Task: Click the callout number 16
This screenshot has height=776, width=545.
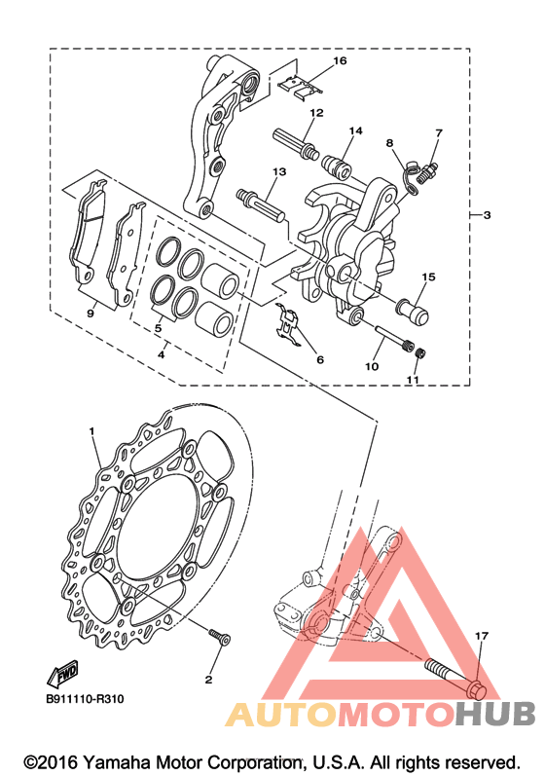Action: pyautogui.click(x=340, y=61)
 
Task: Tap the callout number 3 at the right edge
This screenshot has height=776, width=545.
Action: pyautogui.click(x=487, y=215)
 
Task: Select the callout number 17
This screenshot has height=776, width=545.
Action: pyautogui.click(x=481, y=636)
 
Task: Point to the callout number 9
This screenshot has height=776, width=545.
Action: pyautogui.click(x=90, y=314)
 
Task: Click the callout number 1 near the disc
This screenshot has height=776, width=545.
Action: pyautogui.click(x=91, y=431)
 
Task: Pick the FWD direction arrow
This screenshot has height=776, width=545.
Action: pyautogui.click(x=63, y=674)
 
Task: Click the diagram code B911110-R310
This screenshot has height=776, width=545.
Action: pyautogui.click(x=85, y=699)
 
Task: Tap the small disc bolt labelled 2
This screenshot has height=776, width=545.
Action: pyautogui.click(x=219, y=637)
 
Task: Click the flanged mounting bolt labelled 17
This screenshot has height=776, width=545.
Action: pyautogui.click(x=455, y=677)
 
